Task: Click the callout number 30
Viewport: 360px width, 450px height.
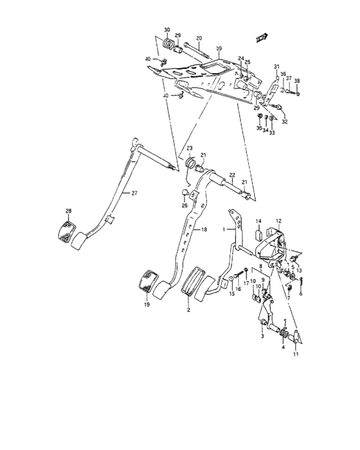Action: (167, 30)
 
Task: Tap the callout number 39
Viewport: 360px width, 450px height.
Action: (219, 50)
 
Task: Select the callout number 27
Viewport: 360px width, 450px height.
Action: (134, 194)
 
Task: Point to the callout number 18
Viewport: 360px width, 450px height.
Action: (204, 230)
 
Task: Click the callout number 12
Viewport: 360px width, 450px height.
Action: (279, 221)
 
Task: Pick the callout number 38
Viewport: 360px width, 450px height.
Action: (297, 81)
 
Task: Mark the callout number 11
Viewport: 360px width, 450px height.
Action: (296, 354)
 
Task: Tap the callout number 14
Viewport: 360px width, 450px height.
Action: (258, 221)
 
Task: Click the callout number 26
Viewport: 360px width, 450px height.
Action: (184, 206)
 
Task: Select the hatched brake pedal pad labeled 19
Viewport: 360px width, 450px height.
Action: (147, 282)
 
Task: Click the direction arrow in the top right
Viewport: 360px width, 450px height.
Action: (260, 38)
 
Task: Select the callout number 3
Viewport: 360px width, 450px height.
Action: (261, 336)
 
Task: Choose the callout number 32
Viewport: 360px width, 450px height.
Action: (284, 122)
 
